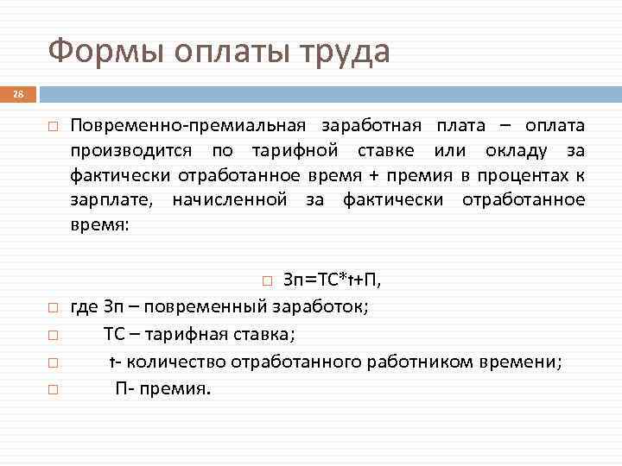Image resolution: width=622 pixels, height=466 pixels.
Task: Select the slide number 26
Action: pos(19,94)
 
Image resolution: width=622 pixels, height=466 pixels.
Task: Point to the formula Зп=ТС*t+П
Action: pos(333,280)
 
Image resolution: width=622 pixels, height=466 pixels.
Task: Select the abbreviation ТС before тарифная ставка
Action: pos(115,334)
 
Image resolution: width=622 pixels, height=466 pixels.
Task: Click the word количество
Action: pos(172,362)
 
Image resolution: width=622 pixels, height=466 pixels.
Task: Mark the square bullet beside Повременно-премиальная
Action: pos(53,127)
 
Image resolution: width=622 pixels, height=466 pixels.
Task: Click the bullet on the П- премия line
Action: pos(53,389)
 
